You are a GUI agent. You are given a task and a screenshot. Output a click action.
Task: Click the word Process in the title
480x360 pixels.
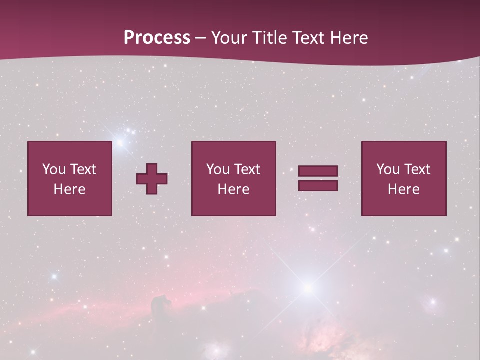click(157, 38)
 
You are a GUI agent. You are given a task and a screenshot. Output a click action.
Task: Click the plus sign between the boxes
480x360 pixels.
click(152, 179)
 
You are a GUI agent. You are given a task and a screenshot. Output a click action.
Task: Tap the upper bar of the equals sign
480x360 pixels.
click(318, 171)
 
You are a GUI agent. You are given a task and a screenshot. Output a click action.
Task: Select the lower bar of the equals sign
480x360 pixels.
click(318, 186)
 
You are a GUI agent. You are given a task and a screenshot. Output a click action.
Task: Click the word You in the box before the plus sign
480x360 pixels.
click(53, 169)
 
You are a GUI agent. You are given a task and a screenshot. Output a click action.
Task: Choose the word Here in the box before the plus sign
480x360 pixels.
click(69, 189)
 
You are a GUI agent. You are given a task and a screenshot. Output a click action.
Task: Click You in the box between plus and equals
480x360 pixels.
click(217, 169)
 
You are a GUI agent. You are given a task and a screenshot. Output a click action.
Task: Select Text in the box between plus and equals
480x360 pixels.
click(246, 169)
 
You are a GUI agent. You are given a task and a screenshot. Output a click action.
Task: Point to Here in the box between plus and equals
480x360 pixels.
click(233, 189)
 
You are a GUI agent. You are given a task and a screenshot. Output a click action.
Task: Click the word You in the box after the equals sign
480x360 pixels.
click(387, 169)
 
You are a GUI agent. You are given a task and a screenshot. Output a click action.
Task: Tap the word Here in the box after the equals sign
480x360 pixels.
click(403, 189)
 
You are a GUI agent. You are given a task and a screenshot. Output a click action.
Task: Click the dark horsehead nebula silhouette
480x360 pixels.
click(161, 302)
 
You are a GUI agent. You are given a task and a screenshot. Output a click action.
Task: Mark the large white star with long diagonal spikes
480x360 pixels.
click(308, 287)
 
